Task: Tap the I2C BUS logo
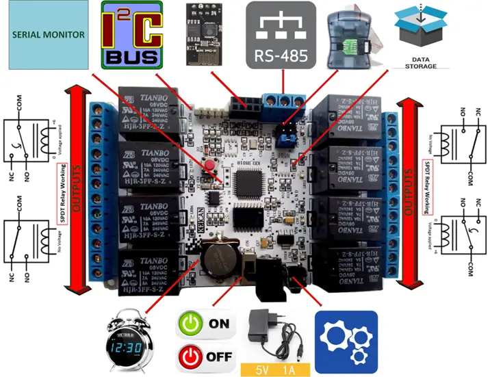(x=131, y=34)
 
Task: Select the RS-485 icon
(x=281, y=34)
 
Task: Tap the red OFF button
(x=205, y=356)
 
